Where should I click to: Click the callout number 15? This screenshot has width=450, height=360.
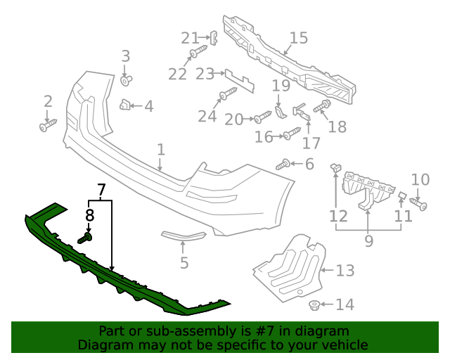[x=298, y=38]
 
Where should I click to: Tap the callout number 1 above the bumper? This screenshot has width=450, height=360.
[x=161, y=150]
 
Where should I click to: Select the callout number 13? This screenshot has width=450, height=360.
[x=345, y=271]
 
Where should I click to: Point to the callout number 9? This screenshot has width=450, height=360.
[x=368, y=241]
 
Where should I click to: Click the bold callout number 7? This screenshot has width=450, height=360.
[x=101, y=190]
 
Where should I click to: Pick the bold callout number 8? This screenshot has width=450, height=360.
[x=90, y=216]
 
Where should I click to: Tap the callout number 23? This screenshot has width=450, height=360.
[x=205, y=74]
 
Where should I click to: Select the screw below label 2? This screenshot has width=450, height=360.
[x=47, y=127]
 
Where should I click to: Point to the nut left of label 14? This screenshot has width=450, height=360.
[x=316, y=305]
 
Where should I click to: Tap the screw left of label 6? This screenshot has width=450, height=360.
[x=284, y=165]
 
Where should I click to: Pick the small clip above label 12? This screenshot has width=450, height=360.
[x=335, y=168]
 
